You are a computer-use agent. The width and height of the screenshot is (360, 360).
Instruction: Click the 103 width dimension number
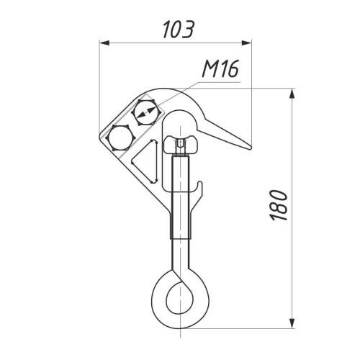(x=178, y=30)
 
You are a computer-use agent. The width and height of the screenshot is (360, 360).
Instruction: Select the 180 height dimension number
(x=278, y=205)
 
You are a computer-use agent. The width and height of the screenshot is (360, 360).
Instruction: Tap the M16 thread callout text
(x=221, y=69)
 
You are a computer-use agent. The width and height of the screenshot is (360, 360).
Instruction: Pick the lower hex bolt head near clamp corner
(x=120, y=138)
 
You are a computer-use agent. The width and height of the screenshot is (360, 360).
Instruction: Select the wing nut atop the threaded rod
(x=180, y=145)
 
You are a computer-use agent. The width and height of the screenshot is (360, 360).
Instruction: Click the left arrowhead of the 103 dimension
(x=104, y=43)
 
